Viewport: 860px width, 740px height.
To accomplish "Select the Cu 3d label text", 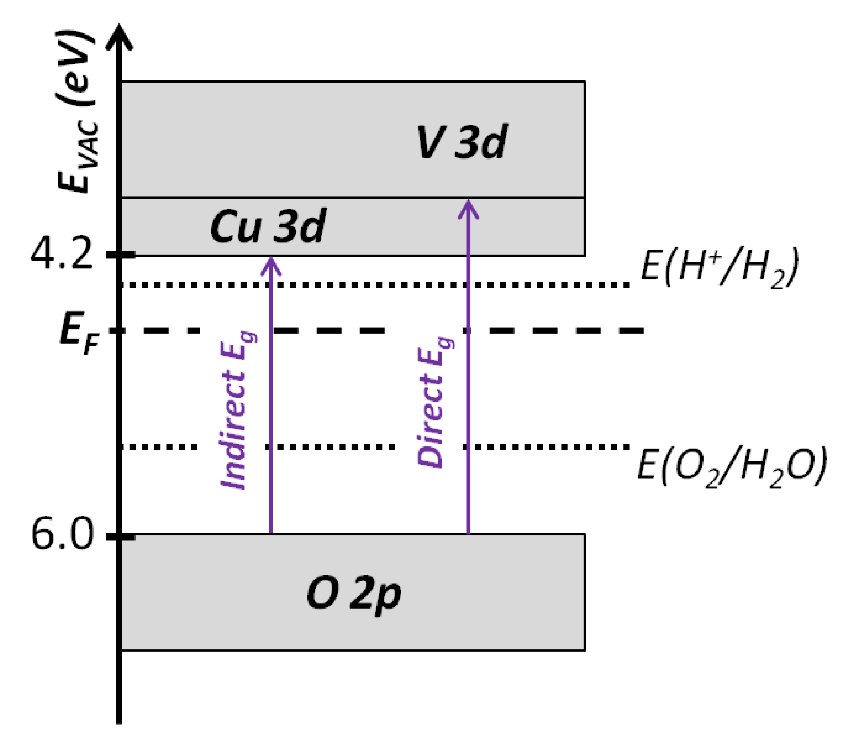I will [268, 226].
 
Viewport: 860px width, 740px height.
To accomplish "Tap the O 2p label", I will [353, 594].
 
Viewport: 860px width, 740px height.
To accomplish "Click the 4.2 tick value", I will [62, 254].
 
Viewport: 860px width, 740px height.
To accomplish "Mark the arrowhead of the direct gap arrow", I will [468, 208].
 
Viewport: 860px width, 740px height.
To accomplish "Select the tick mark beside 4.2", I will [121, 255].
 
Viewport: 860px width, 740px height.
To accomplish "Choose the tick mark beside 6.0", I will [121, 536].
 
